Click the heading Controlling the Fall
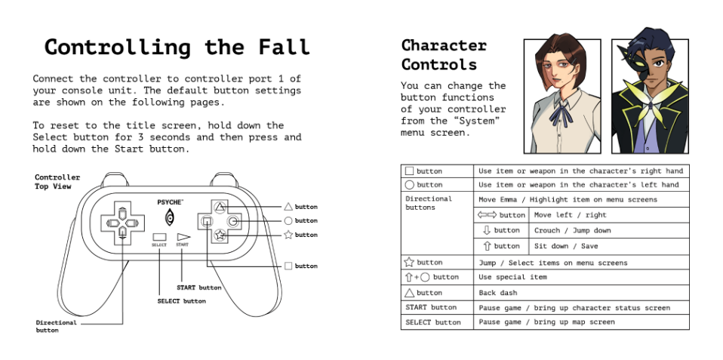[x=177, y=47]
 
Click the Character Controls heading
[x=444, y=55]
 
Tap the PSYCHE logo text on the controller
[x=170, y=202]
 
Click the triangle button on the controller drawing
[x=219, y=206]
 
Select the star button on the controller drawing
[x=219, y=235]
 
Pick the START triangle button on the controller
[x=183, y=236]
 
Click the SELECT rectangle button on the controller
[x=159, y=237]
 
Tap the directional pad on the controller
[x=122, y=222]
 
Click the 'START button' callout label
[x=198, y=288]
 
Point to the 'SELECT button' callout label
[x=181, y=301]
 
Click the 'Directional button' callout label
[x=56, y=326]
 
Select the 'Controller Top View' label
[x=57, y=182]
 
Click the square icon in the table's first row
[x=409, y=171]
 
